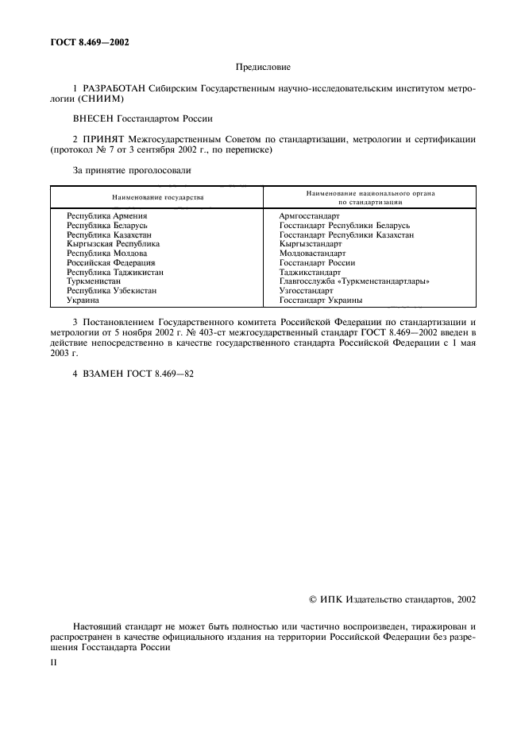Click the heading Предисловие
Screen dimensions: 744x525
pyautogui.click(x=262, y=70)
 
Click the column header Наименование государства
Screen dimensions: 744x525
pyautogui.click(x=157, y=196)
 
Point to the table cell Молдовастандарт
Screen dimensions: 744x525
pyautogui.click(x=312, y=254)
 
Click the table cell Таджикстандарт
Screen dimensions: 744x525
pyautogui.click(x=310, y=272)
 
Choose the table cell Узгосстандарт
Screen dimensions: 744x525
pyautogui.click(x=306, y=291)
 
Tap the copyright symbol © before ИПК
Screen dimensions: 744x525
pyautogui.click(x=312, y=601)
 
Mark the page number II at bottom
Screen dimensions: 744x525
pyautogui.click(x=54, y=661)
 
